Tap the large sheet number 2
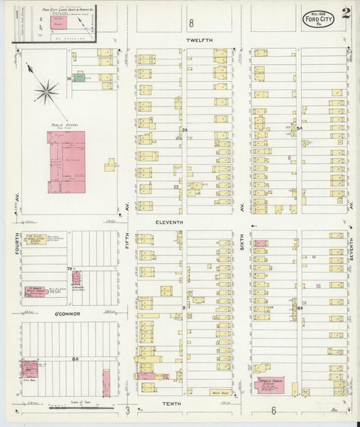coord(346,12)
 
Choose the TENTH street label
coord(188,403)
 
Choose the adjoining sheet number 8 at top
coord(191,23)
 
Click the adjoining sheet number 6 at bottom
coord(274,411)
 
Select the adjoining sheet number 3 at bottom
coord(126,411)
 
